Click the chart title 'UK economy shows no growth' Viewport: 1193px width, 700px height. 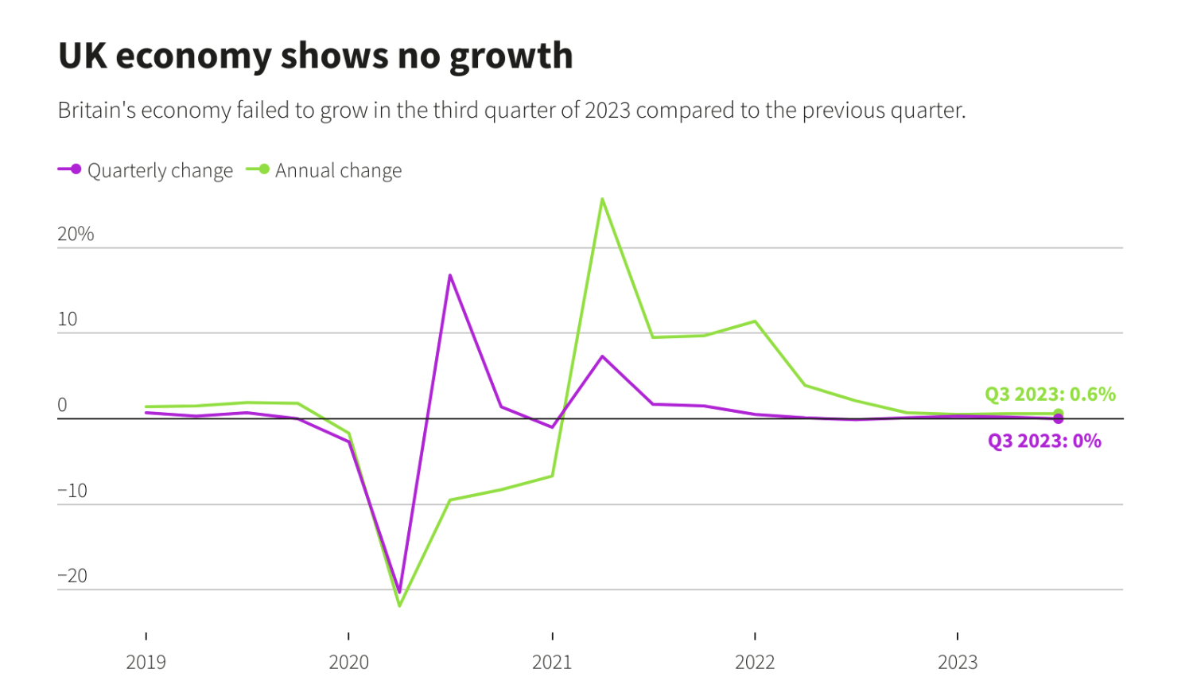pos(315,56)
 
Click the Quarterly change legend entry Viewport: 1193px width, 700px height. pos(146,170)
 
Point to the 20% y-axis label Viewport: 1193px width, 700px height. pos(76,234)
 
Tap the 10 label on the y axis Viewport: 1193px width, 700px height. pos(68,320)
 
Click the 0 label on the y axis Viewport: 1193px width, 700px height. pos(63,405)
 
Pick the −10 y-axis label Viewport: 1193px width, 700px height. pos(72,491)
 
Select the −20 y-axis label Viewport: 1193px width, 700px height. pos(72,576)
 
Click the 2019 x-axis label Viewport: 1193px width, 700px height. pos(146,662)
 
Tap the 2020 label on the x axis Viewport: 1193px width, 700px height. pos(348,662)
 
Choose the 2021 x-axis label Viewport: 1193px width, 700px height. pos(552,662)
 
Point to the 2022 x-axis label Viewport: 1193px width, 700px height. pos(755,662)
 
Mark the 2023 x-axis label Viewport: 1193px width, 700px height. pos(958,662)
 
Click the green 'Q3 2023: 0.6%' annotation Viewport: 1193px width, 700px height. pos(1050,394)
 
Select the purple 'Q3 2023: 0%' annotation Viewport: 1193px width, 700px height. pos(1044,441)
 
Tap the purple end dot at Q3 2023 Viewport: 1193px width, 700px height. pos(1058,419)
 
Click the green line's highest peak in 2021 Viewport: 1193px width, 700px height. pos(603,199)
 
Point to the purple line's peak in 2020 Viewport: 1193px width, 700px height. pos(450,275)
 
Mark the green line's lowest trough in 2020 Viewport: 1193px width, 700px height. pos(399,606)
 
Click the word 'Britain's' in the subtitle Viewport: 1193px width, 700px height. pos(96,110)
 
